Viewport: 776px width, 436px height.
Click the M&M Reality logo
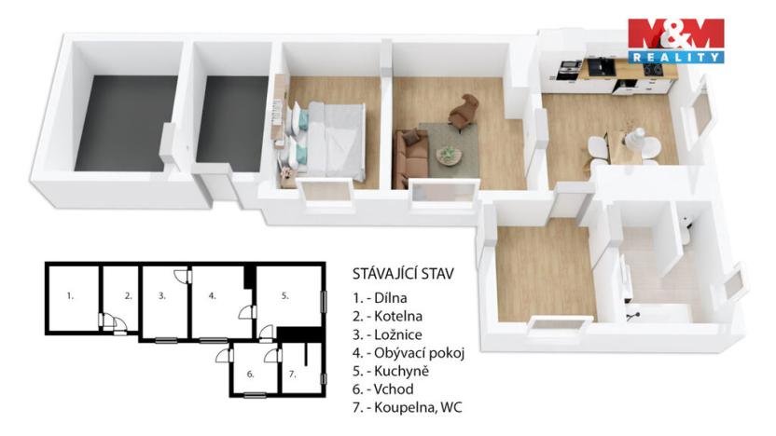[x=675, y=40]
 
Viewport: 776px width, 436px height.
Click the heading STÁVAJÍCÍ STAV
[x=403, y=274]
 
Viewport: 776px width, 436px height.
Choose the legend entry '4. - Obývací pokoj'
[x=408, y=353]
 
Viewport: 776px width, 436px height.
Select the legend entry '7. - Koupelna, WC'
[x=407, y=408]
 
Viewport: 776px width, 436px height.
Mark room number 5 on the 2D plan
[x=285, y=295]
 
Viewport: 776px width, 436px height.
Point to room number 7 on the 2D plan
[x=292, y=374]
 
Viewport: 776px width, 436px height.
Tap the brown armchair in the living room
[x=462, y=113]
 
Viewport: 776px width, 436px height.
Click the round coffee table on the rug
[x=449, y=154]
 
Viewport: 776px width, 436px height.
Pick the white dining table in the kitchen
[x=634, y=144]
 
